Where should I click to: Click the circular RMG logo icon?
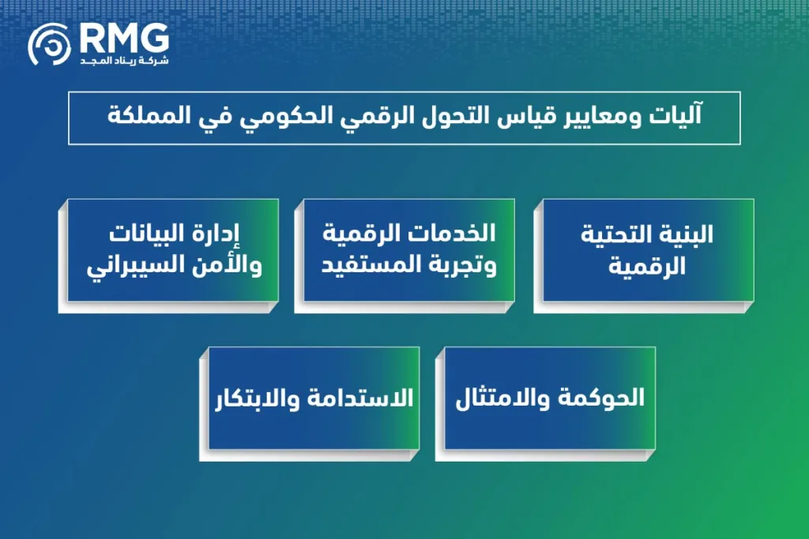click(50, 44)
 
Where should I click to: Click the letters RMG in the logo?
click(124, 38)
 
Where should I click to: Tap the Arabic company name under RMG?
click(124, 61)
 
